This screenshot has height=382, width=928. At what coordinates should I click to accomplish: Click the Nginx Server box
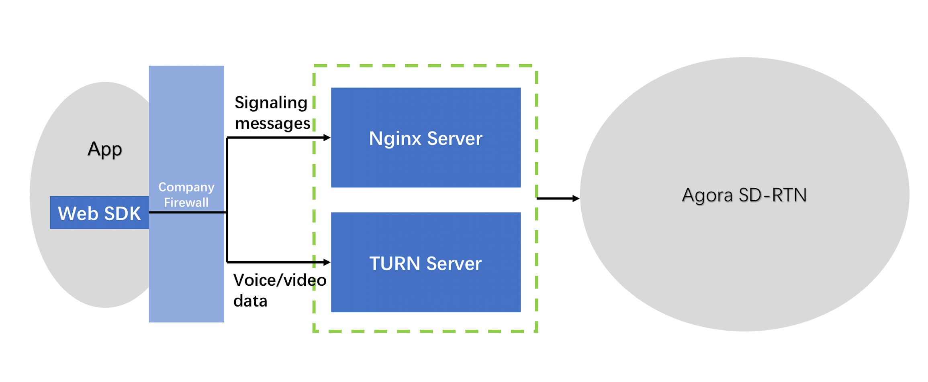tap(425, 137)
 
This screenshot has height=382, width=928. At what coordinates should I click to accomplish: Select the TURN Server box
tap(425, 262)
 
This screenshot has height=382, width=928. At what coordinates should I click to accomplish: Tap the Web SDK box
tap(99, 213)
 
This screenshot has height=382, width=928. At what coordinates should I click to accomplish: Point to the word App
tap(105, 150)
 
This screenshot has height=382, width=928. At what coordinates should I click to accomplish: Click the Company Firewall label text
tap(186, 195)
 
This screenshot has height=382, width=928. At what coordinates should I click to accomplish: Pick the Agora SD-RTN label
tap(744, 195)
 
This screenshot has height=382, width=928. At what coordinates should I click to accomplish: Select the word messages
tap(273, 124)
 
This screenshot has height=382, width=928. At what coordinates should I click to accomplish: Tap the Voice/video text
tap(280, 280)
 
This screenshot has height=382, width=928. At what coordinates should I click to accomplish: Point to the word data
tap(250, 301)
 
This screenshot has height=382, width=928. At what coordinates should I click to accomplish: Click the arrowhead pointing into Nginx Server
tap(327, 138)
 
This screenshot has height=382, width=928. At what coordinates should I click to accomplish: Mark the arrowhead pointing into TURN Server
tap(327, 262)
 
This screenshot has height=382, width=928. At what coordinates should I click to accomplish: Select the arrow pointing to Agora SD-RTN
tap(558, 198)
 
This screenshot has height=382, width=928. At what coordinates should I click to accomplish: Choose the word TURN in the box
tap(395, 264)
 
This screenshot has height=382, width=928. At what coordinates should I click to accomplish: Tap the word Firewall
tap(186, 202)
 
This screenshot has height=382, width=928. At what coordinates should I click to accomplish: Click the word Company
tap(186, 187)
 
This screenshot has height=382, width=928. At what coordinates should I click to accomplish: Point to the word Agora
tap(707, 196)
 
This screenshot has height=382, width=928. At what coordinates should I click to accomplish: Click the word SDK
tap(123, 213)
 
